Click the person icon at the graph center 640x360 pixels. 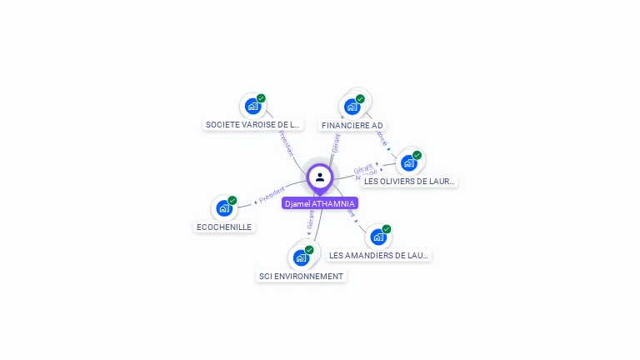(x=320, y=177)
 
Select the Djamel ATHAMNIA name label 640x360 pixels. (x=320, y=203)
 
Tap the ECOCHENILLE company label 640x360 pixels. (x=224, y=227)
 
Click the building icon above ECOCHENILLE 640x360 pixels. (x=224, y=208)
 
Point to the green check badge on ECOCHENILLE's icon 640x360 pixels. (x=232, y=200)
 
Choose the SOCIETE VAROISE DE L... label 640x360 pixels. (x=252, y=125)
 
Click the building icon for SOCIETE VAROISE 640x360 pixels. (x=252, y=107)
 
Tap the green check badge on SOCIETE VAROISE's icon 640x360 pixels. (x=261, y=98)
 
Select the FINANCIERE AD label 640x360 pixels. (x=352, y=126)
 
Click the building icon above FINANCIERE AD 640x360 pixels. (x=352, y=107)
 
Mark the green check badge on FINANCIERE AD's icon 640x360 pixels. (x=360, y=99)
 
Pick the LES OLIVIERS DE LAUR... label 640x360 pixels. (x=409, y=181)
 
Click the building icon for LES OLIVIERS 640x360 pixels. (x=408, y=162)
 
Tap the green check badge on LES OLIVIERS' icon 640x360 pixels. (x=417, y=155)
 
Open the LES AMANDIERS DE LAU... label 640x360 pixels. (x=378, y=256)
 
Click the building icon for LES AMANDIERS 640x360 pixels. (x=378, y=237)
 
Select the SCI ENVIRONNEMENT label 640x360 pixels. (x=301, y=277)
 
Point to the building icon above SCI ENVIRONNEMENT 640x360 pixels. (x=301, y=257)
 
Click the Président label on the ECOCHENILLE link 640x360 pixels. (x=272, y=195)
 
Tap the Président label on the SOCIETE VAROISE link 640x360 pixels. (x=286, y=143)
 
